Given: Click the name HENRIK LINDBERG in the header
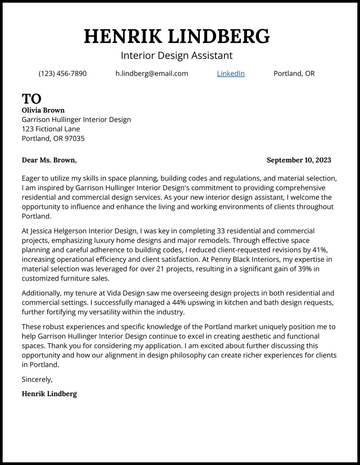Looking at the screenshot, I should point(176,36).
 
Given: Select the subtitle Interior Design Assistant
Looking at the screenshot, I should point(176,55).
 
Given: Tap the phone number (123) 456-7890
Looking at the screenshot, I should point(63,74).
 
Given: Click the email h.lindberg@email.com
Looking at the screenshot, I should point(152,74).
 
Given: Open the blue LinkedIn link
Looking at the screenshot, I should point(231,74).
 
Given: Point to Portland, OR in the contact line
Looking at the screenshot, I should point(294,74).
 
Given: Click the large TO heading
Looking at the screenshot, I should point(31,99).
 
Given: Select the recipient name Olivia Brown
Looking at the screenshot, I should point(43,110).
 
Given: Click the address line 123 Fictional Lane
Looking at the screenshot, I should point(51,129).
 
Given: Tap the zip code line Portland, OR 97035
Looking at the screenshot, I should point(53,138).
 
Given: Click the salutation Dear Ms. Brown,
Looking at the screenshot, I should point(49,160).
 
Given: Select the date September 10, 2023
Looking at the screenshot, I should point(299,160).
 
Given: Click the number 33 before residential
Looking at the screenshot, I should point(221,231).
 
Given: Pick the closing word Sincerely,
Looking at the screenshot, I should point(37,379).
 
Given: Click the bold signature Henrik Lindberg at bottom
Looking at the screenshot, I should point(49,394).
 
